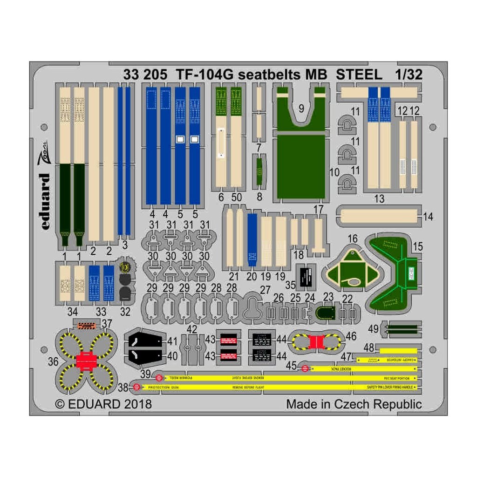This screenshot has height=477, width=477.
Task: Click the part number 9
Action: tap(301, 109)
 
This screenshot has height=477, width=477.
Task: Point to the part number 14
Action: tap(429, 217)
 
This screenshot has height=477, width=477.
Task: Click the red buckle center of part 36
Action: tap(85, 361)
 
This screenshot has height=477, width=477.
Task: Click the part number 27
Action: tap(266, 290)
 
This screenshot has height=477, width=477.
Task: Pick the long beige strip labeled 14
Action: tap(378, 216)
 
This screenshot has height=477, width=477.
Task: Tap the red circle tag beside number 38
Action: tap(136, 387)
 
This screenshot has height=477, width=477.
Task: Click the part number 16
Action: tap(353, 238)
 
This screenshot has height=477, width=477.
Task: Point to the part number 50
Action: tap(236, 197)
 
